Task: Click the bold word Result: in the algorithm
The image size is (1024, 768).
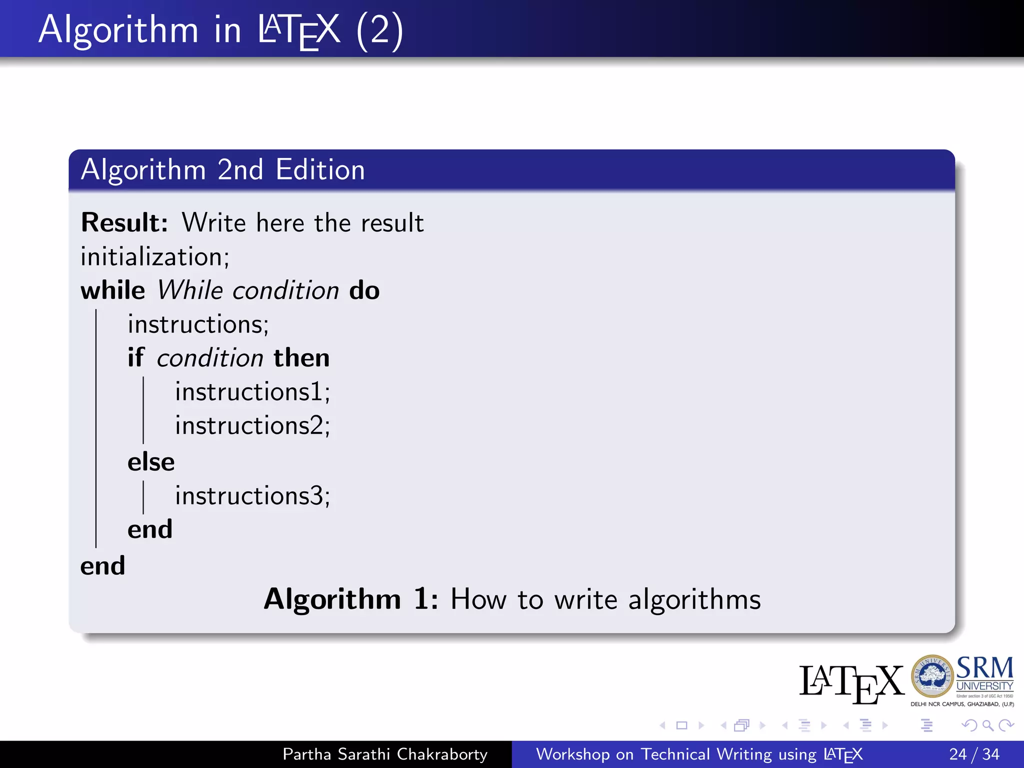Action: [124, 222]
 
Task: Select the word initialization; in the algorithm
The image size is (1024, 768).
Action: [155, 257]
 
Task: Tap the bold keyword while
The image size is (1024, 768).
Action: [113, 290]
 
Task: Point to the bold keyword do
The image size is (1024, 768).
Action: [364, 290]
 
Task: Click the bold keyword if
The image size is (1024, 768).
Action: [135, 358]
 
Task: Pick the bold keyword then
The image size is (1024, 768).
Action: [301, 358]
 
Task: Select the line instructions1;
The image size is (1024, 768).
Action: [252, 391]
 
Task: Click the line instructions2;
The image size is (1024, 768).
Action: [252, 425]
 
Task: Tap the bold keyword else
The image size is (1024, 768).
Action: [151, 462]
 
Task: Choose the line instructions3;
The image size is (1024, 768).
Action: [252, 496]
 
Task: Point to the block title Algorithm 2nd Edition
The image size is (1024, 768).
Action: [223, 169]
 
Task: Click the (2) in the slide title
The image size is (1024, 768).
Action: [379, 30]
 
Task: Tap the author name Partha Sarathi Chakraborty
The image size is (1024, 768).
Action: [385, 754]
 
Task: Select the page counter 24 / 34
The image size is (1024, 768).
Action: [974, 754]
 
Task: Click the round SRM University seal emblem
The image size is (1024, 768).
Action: [932, 676]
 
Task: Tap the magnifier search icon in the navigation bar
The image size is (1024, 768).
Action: [987, 725]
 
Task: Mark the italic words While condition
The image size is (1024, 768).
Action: [248, 290]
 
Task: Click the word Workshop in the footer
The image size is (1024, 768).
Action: [572, 754]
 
